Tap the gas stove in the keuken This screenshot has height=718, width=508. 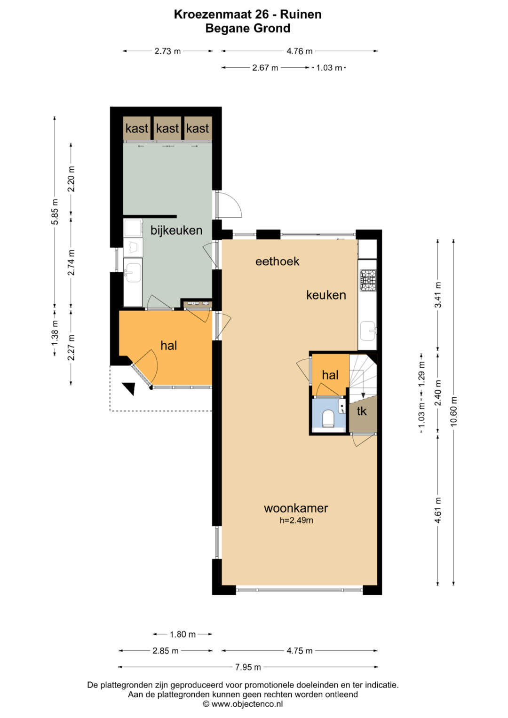pyautogui.click(x=368, y=280)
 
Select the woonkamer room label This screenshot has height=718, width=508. pyautogui.click(x=296, y=508)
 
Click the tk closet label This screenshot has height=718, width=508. pyautogui.click(x=362, y=411)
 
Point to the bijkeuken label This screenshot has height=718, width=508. pyautogui.click(x=176, y=230)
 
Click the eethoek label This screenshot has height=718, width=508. pyautogui.click(x=278, y=261)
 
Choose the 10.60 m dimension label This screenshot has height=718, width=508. pyautogui.click(x=453, y=411)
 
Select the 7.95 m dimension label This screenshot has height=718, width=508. pyautogui.click(x=248, y=667)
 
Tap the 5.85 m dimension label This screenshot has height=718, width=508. pyautogui.click(x=55, y=212)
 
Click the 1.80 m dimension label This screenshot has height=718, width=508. pyautogui.click(x=183, y=634)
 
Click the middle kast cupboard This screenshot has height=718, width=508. pyautogui.click(x=167, y=128)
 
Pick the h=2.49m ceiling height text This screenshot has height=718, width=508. pyautogui.click(x=296, y=520)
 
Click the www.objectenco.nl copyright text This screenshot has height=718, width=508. pyautogui.click(x=243, y=704)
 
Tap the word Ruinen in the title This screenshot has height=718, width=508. pyautogui.click(x=301, y=15)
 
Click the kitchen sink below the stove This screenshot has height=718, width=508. pyautogui.click(x=368, y=331)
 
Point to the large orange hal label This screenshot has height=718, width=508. pyautogui.click(x=169, y=346)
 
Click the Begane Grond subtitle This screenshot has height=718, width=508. pyautogui.click(x=248, y=28)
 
